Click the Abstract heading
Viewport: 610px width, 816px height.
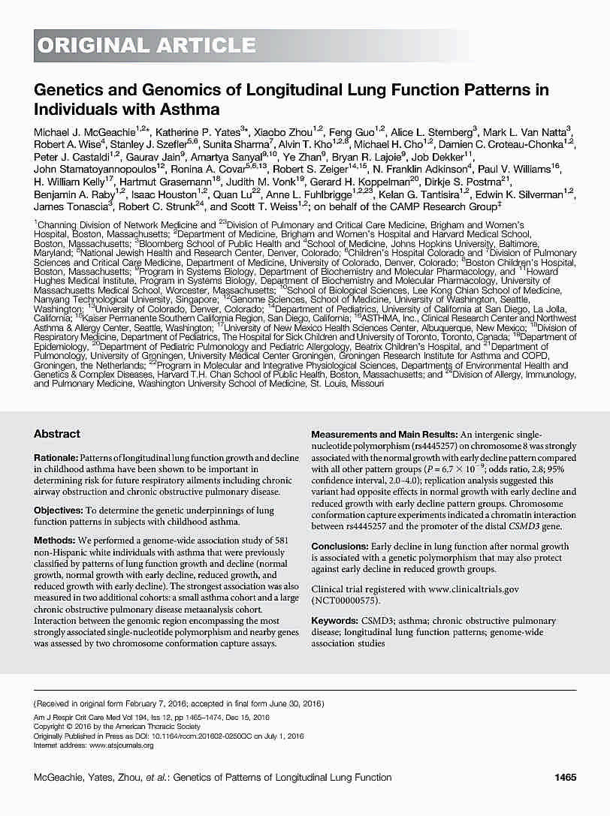pos(57,434)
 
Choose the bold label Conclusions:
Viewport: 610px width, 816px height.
pos(339,547)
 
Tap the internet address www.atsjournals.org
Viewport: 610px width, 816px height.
pos(121,745)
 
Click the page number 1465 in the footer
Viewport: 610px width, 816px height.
pos(564,777)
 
